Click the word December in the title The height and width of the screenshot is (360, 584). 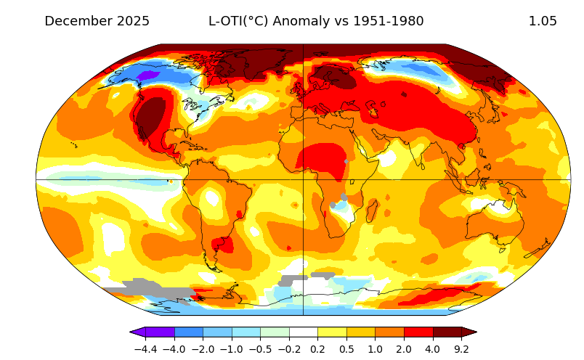78,21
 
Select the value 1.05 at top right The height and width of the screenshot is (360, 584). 543,21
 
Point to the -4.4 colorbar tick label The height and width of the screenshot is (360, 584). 145,348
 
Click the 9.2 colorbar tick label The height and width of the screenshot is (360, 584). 462,348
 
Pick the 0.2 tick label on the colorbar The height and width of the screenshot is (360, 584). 318,348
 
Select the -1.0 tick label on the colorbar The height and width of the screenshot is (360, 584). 232,348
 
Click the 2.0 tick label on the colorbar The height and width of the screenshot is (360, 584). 405,348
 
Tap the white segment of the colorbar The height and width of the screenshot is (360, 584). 304,332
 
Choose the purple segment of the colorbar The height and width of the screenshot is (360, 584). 160,332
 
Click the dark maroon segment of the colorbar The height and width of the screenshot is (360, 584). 447,332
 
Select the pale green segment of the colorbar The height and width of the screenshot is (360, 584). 275,332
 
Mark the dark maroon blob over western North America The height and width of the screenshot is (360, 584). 151,116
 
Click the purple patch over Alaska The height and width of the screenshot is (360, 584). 147,75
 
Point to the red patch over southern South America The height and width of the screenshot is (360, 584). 222,245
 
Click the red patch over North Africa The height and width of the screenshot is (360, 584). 322,160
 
